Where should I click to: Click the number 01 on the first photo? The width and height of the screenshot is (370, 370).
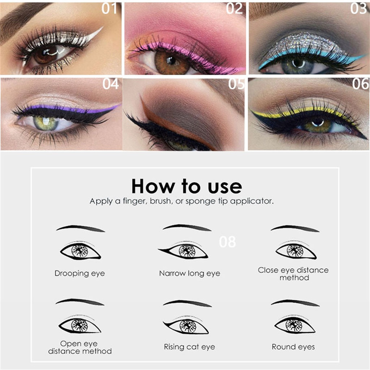tap(110, 9)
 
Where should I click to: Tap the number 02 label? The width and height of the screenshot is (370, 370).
tap(235, 9)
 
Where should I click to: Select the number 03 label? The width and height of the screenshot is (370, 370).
tap(358, 9)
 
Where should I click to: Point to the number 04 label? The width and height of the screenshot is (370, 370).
tap(111, 84)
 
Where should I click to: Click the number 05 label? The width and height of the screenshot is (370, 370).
tap(236, 84)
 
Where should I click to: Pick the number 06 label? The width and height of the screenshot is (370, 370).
tap(360, 84)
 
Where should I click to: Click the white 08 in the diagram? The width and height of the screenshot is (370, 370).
tap(227, 242)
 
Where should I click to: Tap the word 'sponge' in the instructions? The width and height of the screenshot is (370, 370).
tap(200, 201)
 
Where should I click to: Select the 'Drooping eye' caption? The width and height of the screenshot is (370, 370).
tap(79, 273)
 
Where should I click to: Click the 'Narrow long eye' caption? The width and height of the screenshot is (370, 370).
tap(189, 274)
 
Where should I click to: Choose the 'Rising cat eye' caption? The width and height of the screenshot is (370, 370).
tap(189, 347)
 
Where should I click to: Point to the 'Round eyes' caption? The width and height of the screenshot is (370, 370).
tap(293, 347)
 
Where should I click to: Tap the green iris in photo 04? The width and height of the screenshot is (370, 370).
tap(46, 123)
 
